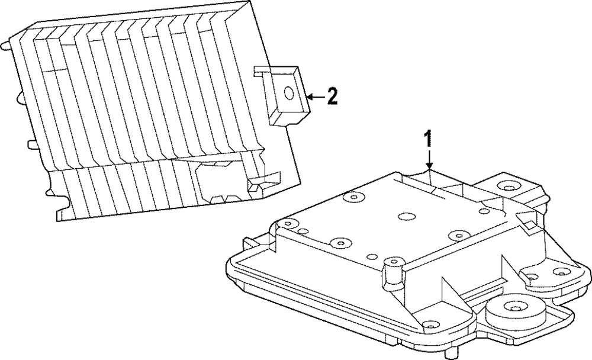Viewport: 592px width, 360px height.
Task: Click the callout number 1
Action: pos(428,139)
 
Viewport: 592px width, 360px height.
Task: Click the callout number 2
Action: pos(333,96)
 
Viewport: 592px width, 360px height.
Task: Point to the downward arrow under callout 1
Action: pos(429,160)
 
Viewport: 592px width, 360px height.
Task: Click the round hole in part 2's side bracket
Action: pos(289,93)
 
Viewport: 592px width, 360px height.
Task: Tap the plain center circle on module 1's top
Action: pos(406,217)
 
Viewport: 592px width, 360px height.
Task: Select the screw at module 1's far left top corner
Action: pos(288,223)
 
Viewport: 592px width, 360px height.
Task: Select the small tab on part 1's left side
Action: pos(249,242)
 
